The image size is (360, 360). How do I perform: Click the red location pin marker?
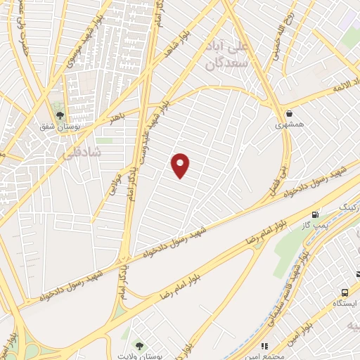[x=181, y=165]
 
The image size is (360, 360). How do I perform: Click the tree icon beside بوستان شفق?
[x=59, y=114]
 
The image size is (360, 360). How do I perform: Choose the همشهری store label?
[x=290, y=125]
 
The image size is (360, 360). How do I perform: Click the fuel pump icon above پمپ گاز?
[x=314, y=214]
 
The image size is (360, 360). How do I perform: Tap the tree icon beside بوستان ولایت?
[x=139, y=345]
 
